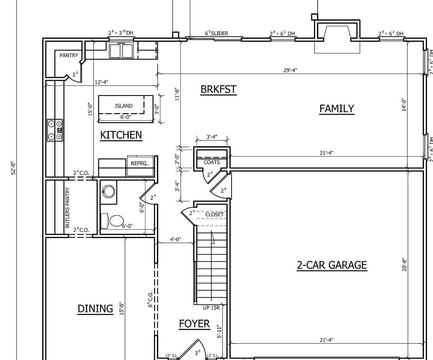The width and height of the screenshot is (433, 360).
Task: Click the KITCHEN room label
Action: coord(121,135)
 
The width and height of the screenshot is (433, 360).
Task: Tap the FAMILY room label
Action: coord(336,108)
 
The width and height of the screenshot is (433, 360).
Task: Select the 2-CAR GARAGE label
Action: coord(332,265)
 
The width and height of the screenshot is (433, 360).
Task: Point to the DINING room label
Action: coord(95,309)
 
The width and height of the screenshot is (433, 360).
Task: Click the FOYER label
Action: coord(194,323)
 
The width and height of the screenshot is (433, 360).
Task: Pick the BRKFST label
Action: coord(218,89)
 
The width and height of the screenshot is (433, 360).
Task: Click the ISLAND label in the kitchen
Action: coord(123,106)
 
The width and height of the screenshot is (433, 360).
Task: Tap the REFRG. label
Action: coord(139,163)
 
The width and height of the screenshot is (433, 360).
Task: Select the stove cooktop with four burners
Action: coord(55,130)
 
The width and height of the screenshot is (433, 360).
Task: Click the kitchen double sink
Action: coord(121,51)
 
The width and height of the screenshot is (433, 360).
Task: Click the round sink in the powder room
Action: coord(108,191)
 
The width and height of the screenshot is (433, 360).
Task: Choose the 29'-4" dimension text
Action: coord(290,70)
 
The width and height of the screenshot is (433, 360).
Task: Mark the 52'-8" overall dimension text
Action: coord(13,168)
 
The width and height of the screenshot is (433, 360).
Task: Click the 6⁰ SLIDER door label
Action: coord(216,33)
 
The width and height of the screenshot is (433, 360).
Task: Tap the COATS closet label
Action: coord(212,162)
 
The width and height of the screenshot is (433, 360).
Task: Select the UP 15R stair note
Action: coord(211,308)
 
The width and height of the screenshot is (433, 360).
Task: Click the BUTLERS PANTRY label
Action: coord(68,207)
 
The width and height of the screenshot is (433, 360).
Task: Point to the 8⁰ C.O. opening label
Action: coord(150,300)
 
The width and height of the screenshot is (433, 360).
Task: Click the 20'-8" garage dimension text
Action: coord(404,264)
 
